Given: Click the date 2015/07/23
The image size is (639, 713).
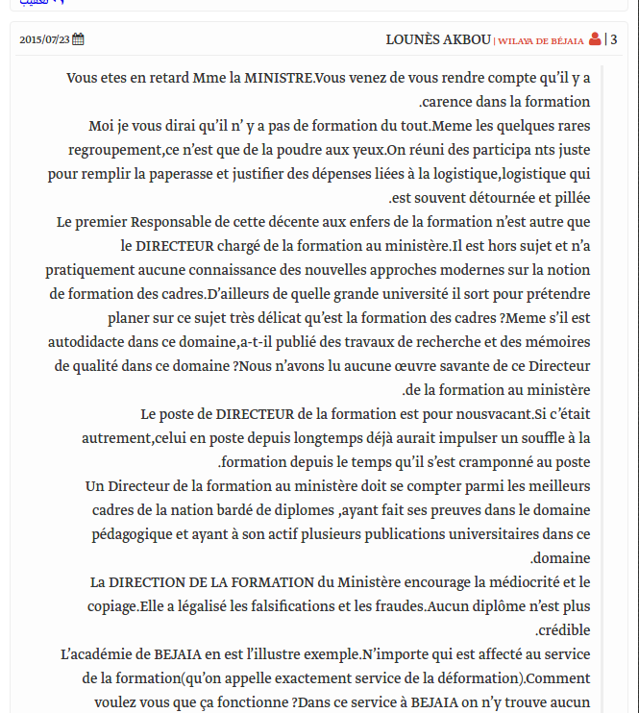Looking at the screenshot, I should point(44,40).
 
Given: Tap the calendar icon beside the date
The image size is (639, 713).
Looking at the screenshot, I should point(79,39).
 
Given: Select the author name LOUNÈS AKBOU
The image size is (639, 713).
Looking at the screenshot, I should point(437,39).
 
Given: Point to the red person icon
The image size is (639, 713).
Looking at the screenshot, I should point(595,39).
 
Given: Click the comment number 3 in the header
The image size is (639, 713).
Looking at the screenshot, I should point(614,39).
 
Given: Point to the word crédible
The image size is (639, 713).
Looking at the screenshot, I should point(565,630).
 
